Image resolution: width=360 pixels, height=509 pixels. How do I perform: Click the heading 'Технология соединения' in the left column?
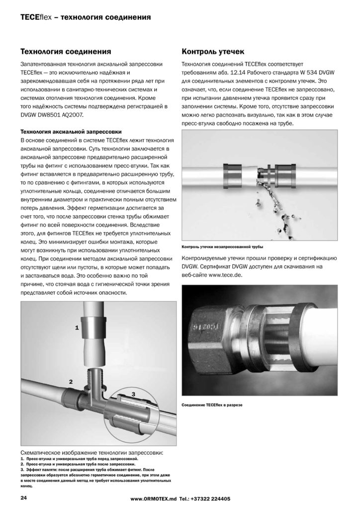pyautogui.click(x=65, y=52)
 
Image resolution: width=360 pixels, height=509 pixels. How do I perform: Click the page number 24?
pyautogui.click(x=23, y=498)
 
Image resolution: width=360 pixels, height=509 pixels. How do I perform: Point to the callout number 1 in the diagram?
pyautogui.click(x=77, y=328)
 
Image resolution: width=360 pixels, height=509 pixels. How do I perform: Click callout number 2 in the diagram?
pyautogui.click(x=71, y=382)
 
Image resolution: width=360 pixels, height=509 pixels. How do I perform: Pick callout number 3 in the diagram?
pyautogui.click(x=133, y=393)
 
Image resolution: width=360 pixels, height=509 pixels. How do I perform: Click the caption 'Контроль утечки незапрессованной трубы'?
pyautogui.click(x=223, y=247)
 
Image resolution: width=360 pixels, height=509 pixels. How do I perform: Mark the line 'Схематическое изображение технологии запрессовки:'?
pyautogui.click(x=91, y=453)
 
